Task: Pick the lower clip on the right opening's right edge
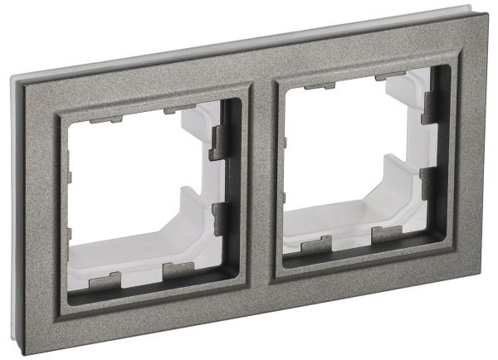pos(431,180)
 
